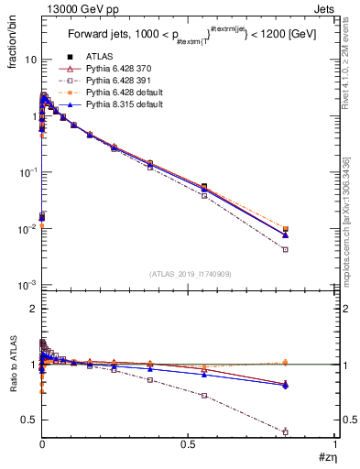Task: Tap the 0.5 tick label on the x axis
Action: pos(188,443)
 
